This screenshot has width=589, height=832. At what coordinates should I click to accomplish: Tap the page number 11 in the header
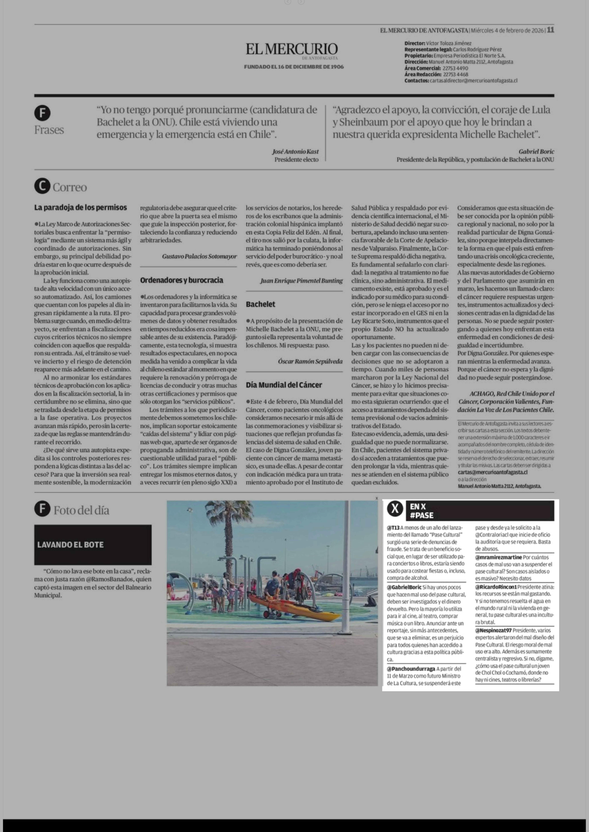(x=551, y=30)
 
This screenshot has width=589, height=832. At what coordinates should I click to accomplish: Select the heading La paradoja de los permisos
(x=80, y=208)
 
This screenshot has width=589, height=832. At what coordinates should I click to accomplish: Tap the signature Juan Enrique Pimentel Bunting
(x=301, y=280)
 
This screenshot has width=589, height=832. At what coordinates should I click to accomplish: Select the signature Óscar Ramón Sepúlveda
(x=310, y=361)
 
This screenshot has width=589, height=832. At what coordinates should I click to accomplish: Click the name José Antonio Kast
(x=295, y=151)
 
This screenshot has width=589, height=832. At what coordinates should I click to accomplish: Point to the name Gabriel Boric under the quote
(x=536, y=151)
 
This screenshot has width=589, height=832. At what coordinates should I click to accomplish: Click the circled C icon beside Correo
(x=42, y=186)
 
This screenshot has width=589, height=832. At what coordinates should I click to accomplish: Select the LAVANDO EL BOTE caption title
(x=70, y=545)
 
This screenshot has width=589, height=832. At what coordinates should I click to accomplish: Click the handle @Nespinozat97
(x=493, y=630)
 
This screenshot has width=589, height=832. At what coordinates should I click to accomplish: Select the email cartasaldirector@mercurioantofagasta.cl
(x=473, y=80)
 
